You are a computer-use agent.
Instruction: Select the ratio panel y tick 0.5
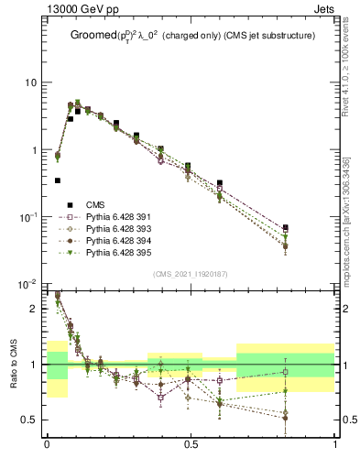click(30, 420)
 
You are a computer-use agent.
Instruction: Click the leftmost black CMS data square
click(58, 180)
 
